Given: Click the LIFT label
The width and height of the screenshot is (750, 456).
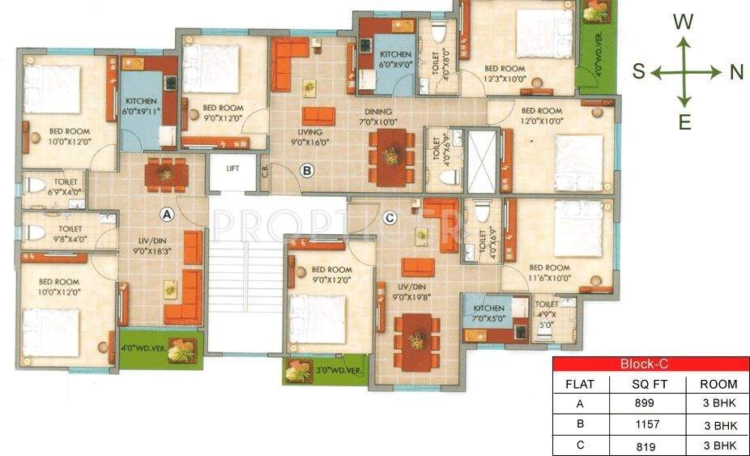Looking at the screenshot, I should click(x=232, y=168).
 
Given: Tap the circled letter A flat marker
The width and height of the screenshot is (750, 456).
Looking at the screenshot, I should click(x=167, y=215).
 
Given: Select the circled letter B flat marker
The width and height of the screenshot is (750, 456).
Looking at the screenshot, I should click(x=307, y=171).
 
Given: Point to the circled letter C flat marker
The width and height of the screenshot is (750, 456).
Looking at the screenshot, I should click(x=390, y=217).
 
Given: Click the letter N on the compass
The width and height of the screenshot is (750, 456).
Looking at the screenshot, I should click(x=736, y=72).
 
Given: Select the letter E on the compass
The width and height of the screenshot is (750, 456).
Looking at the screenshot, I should click(x=684, y=123).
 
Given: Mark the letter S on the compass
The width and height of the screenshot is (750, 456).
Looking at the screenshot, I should click(x=638, y=72).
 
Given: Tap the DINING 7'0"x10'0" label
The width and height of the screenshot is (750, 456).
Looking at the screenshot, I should click(x=378, y=117).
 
